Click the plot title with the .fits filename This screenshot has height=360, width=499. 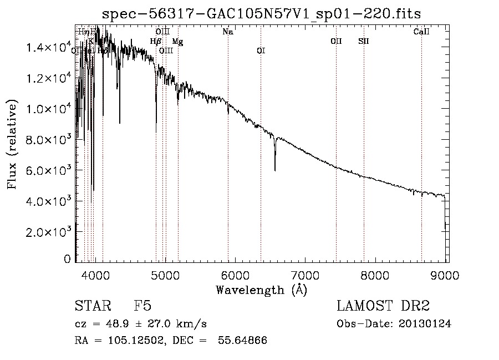pyautogui.click(x=266, y=14)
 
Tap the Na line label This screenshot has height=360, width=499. pyautogui.click(x=227, y=32)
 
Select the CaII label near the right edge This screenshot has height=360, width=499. pyautogui.click(x=421, y=32)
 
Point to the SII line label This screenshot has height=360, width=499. pyautogui.click(x=364, y=41)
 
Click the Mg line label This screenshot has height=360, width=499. pyautogui.click(x=177, y=41)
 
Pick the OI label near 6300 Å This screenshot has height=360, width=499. pyautogui.click(x=261, y=50)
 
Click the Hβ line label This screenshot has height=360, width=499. pyautogui.click(x=155, y=41)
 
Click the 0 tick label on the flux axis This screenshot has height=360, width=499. pyautogui.click(x=68, y=259)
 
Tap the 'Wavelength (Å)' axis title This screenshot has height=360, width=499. pyautogui.click(x=261, y=290)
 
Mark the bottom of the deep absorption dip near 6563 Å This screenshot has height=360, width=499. pyautogui.click(x=275, y=170)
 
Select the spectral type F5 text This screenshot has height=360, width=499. pyautogui.click(x=142, y=306)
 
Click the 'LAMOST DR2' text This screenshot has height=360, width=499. pyautogui.click(x=383, y=306)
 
